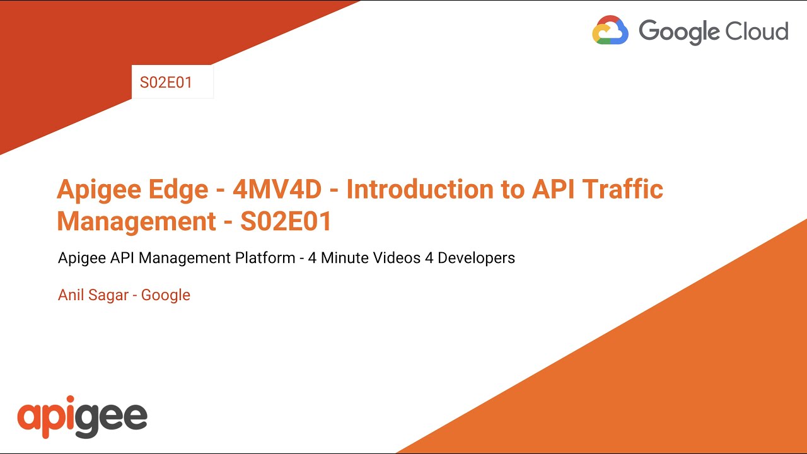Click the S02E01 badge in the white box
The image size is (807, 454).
(166, 83)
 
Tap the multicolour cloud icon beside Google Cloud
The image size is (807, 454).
(610, 30)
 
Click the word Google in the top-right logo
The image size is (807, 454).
(679, 31)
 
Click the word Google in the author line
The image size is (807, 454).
(165, 295)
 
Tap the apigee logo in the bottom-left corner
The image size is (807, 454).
(82, 417)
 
